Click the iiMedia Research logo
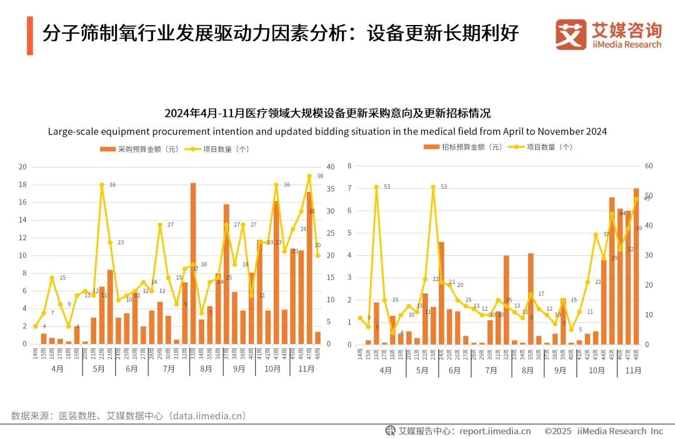pyautogui.click(x=607, y=34)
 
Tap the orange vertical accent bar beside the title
pyautogui.click(x=29, y=35)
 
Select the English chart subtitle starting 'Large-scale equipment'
pyautogui.click(x=327, y=131)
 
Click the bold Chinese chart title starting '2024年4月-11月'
pyautogui.click(x=327, y=113)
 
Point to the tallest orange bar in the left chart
pyautogui.click(x=193, y=263)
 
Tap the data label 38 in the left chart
pyautogui.click(x=320, y=176)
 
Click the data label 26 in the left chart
pyautogui.click(x=303, y=229)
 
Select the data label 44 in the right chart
pyautogui.click(x=622, y=213)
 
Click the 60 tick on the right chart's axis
pyautogui.click(x=649, y=166)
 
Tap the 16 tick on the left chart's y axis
pyautogui.click(x=22, y=203)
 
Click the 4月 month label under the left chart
pyautogui.click(x=57, y=369)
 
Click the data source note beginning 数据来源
pyautogui.click(x=128, y=416)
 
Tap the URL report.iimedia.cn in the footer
pyautogui.click(x=495, y=431)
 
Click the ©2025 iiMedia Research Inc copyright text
pyautogui.click(x=603, y=431)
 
